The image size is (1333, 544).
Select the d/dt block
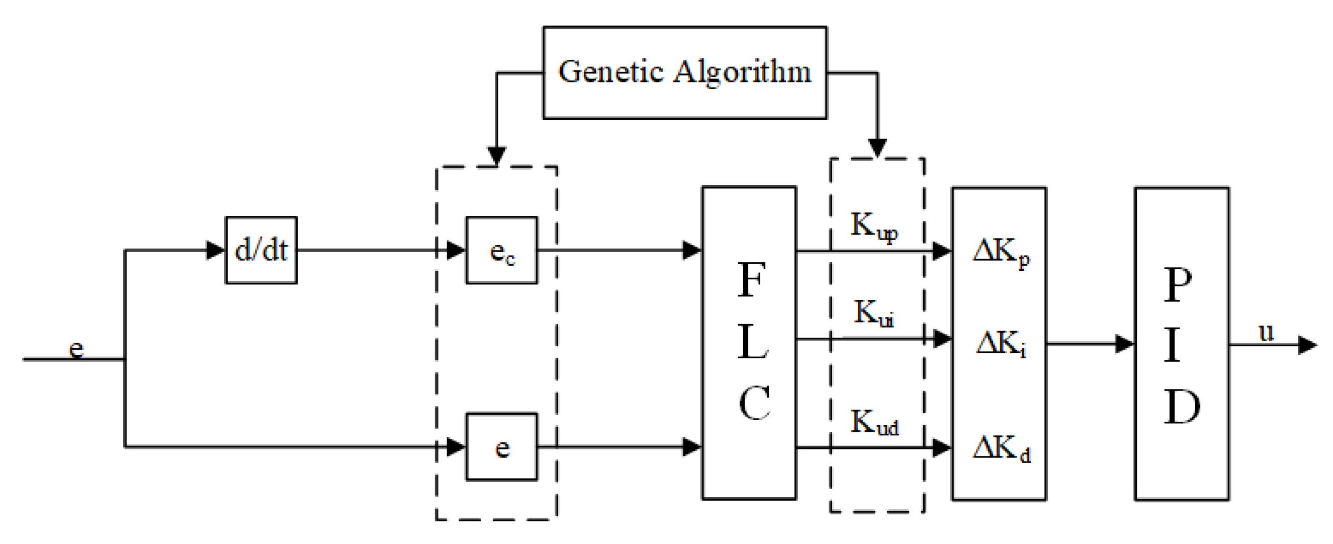261,250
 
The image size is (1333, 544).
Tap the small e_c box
501,250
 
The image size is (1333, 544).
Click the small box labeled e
501,447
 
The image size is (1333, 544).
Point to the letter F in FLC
751,280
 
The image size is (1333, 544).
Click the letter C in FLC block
753,403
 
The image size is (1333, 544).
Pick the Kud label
874,423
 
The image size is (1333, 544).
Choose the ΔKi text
1001,344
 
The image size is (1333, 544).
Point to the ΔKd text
1001,449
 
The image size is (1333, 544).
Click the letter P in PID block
1178,285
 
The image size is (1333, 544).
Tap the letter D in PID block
1181,407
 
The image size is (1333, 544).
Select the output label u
1266,333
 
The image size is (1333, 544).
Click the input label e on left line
76,348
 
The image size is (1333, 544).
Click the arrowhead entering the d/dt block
215,250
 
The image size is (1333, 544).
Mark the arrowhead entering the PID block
1124,344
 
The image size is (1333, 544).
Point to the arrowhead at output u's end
1307,345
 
